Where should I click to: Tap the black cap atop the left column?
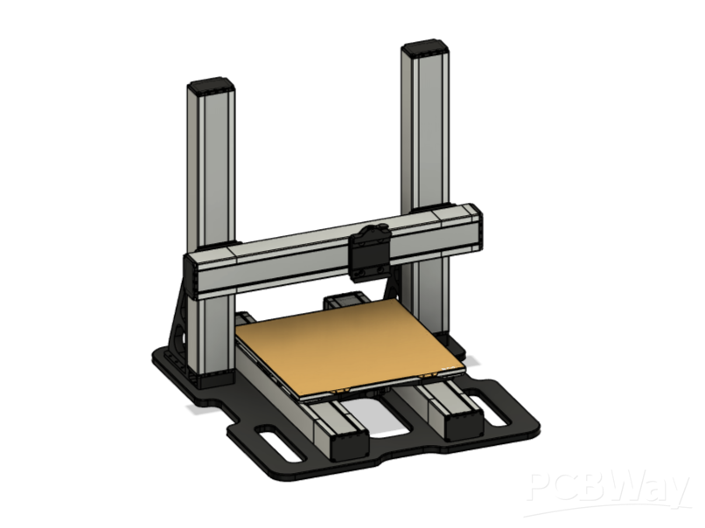coord(211,87)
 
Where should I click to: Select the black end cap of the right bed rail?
coord(462,426)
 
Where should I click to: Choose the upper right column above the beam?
coord(425,131)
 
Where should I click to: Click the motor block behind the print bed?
coord(343,302)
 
